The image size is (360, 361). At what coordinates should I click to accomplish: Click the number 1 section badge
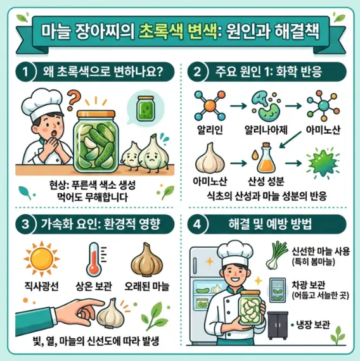click(25, 72)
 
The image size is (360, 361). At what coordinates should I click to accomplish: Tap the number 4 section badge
click(197, 224)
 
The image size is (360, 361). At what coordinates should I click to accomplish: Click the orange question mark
click(74, 99)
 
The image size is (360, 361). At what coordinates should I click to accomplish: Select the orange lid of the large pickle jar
click(96, 114)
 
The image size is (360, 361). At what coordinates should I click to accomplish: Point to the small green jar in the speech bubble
click(145, 108)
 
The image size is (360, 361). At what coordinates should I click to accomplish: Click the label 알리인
click(210, 130)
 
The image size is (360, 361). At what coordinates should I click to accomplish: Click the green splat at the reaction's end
click(323, 163)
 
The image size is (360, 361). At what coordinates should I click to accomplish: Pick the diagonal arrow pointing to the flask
click(290, 140)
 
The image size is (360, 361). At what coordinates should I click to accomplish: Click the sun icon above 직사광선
click(42, 259)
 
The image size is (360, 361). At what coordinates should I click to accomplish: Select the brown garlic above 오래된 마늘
click(147, 260)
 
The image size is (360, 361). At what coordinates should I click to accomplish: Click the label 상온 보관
click(94, 286)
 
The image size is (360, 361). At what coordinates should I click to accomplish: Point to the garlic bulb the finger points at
click(111, 313)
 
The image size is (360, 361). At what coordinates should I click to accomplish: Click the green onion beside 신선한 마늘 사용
click(276, 255)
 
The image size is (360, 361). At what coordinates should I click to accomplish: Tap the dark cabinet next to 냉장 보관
click(278, 326)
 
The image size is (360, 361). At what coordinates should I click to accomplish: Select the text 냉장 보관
click(312, 325)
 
